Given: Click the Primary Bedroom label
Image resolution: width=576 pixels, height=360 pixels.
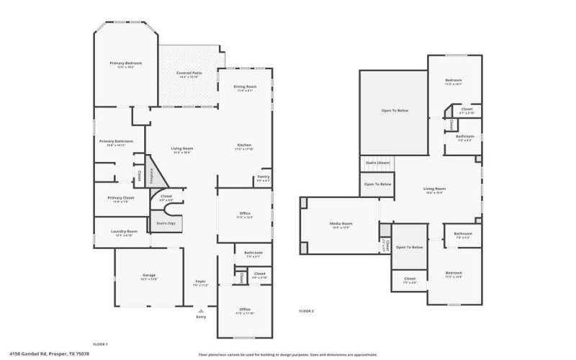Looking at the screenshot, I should pos(126,63).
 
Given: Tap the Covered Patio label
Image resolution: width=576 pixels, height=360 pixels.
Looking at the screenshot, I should pos(189,73).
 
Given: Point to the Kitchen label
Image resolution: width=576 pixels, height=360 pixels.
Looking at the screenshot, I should pos(244,145).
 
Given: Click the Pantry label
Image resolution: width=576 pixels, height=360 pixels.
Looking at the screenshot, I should pos(263,177).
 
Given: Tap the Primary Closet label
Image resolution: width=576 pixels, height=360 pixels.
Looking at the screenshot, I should pos(121,198).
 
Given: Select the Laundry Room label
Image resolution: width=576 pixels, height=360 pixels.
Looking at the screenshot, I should pos(124,231).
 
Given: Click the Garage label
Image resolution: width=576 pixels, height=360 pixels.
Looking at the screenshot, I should pos(149,276).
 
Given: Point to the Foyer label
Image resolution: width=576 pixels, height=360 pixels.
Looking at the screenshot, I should pos(200,282).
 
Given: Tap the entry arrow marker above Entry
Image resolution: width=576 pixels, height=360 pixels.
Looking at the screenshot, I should pos(200,310).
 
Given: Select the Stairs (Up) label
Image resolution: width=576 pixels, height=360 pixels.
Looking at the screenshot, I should pos(166,223).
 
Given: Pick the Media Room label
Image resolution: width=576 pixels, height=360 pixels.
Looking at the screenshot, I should pos(341,224).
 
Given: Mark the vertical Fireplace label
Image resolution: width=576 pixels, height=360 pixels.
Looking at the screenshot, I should pos(151,175).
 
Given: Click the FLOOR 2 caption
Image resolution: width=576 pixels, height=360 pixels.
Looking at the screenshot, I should pos(306,311).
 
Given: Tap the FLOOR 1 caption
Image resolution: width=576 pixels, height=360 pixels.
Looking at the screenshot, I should pos(100,344).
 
